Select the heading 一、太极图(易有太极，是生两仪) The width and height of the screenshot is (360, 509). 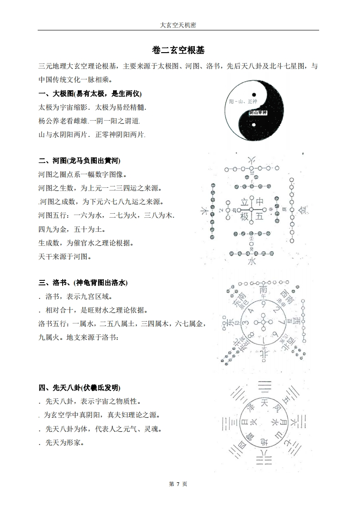tap(90, 94)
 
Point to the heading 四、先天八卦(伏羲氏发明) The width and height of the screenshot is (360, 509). tap(79, 387)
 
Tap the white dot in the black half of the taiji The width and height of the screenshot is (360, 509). tap(254, 125)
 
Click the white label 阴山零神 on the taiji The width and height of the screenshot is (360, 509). tap(258, 113)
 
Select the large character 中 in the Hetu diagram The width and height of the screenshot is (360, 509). tap(260, 201)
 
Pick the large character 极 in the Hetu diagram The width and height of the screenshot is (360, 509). tap(245, 217)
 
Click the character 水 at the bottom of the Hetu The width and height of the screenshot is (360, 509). tap(252, 261)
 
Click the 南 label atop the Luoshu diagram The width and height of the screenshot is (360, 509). tap(263, 290)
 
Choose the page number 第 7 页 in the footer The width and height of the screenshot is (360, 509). tap(178, 484)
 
